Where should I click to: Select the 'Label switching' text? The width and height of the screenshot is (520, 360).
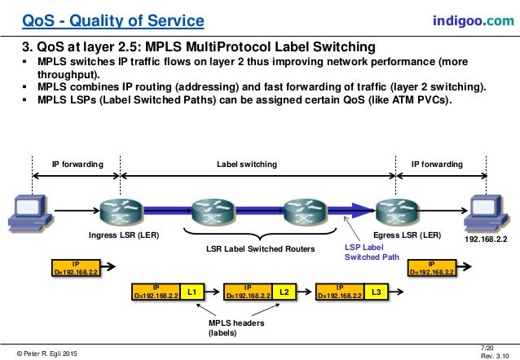[x=246, y=164]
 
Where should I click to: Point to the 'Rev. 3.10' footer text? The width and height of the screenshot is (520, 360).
[x=493, y=354]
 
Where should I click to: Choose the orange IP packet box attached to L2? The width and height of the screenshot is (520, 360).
[x=248, y=291]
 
